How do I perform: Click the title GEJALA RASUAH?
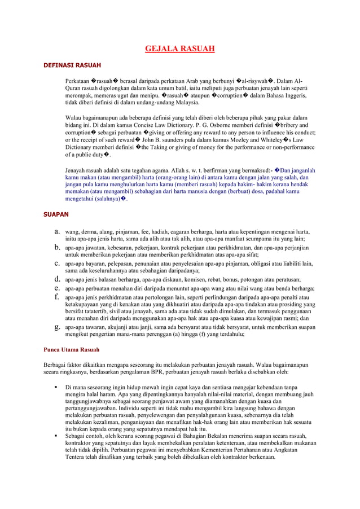pyautogui.click(x=180, y=49)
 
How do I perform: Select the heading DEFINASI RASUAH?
pyautogui.click(x=72, y=65)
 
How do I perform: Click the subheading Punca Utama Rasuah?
pyautogui.click(x=72, y=349)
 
